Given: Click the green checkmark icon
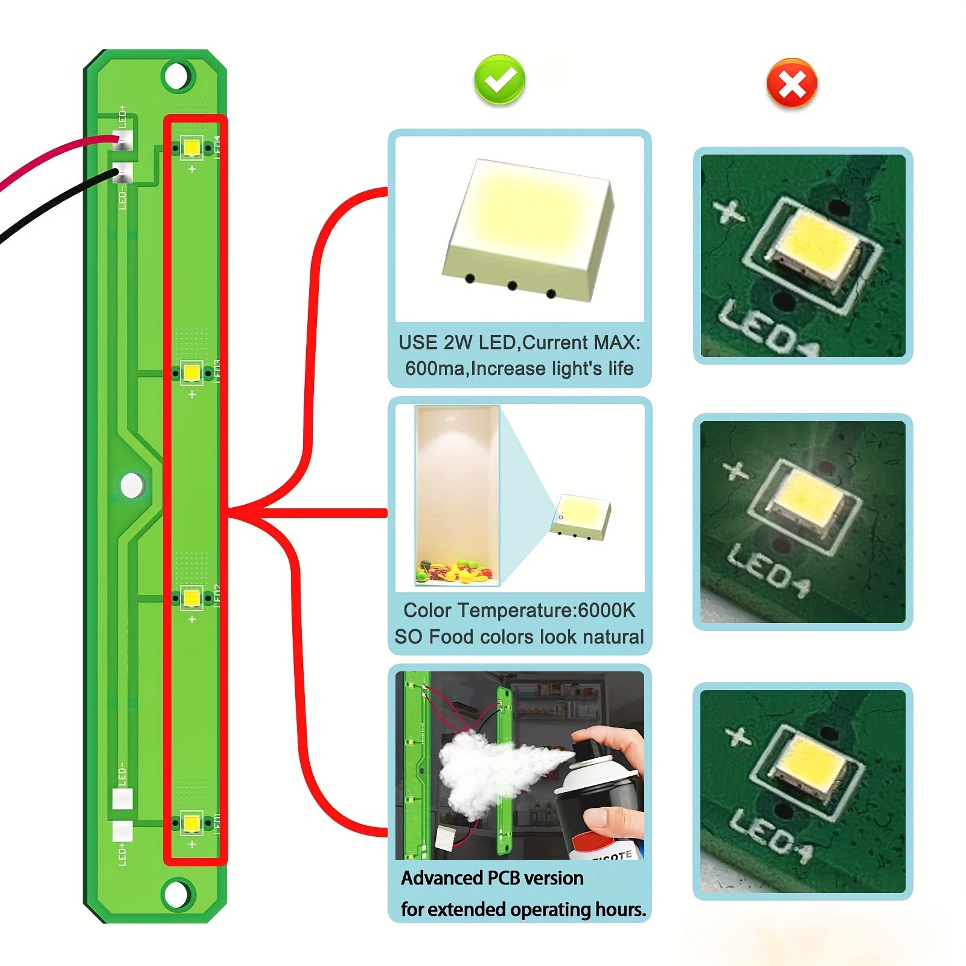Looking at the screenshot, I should point(500,80).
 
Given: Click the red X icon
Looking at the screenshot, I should point(792,83).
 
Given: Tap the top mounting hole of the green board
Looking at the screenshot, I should point(176,77).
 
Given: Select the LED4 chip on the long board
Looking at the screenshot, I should point(192,147).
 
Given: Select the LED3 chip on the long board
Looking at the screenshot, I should point(192,373).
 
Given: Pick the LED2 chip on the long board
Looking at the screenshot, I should point(192,598).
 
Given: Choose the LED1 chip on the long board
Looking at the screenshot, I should point(192,823).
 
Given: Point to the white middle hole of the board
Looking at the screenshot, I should point(132,485).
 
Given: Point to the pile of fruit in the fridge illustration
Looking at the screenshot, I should point(455,571).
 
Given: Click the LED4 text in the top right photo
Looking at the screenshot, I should point(767,329).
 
